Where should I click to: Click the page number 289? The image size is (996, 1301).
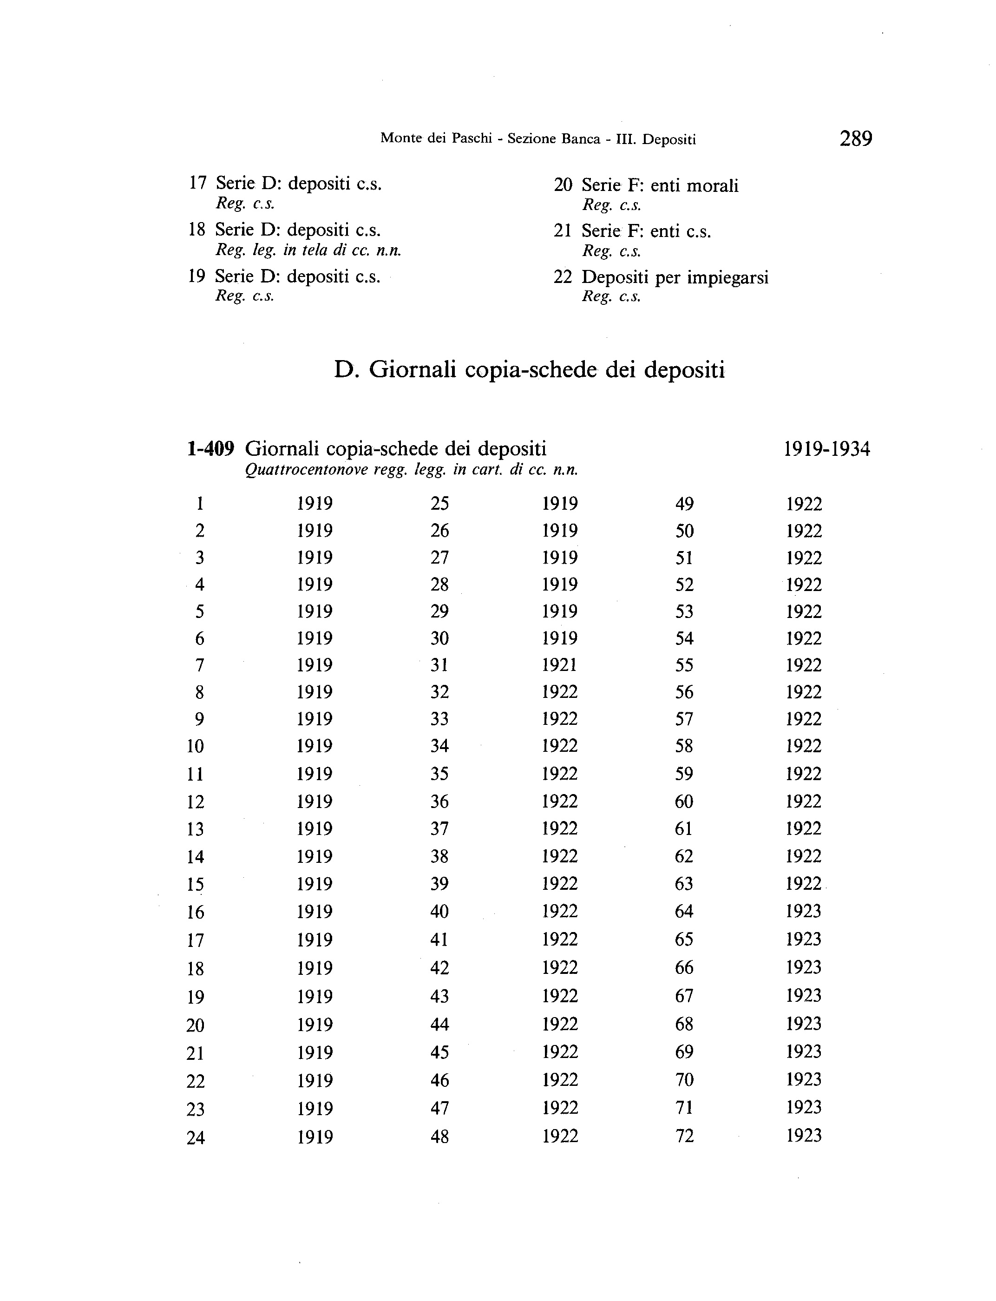coord(856,139)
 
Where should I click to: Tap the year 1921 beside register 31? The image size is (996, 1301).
coord(559,665)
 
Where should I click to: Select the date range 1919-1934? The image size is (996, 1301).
coord(826,449)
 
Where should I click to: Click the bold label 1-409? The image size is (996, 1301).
coord(210,449)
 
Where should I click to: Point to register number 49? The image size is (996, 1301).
coord(684,504)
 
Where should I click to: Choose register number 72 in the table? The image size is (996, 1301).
coord(684,1136)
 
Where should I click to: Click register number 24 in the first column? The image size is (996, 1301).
coord(195,1137)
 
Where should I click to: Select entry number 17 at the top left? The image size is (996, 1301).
coord(197,183)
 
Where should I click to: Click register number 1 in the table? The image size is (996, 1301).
coord(200,504)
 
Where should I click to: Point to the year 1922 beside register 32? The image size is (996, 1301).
coord(559,691)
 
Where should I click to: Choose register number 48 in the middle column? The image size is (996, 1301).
coord(439,1136)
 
